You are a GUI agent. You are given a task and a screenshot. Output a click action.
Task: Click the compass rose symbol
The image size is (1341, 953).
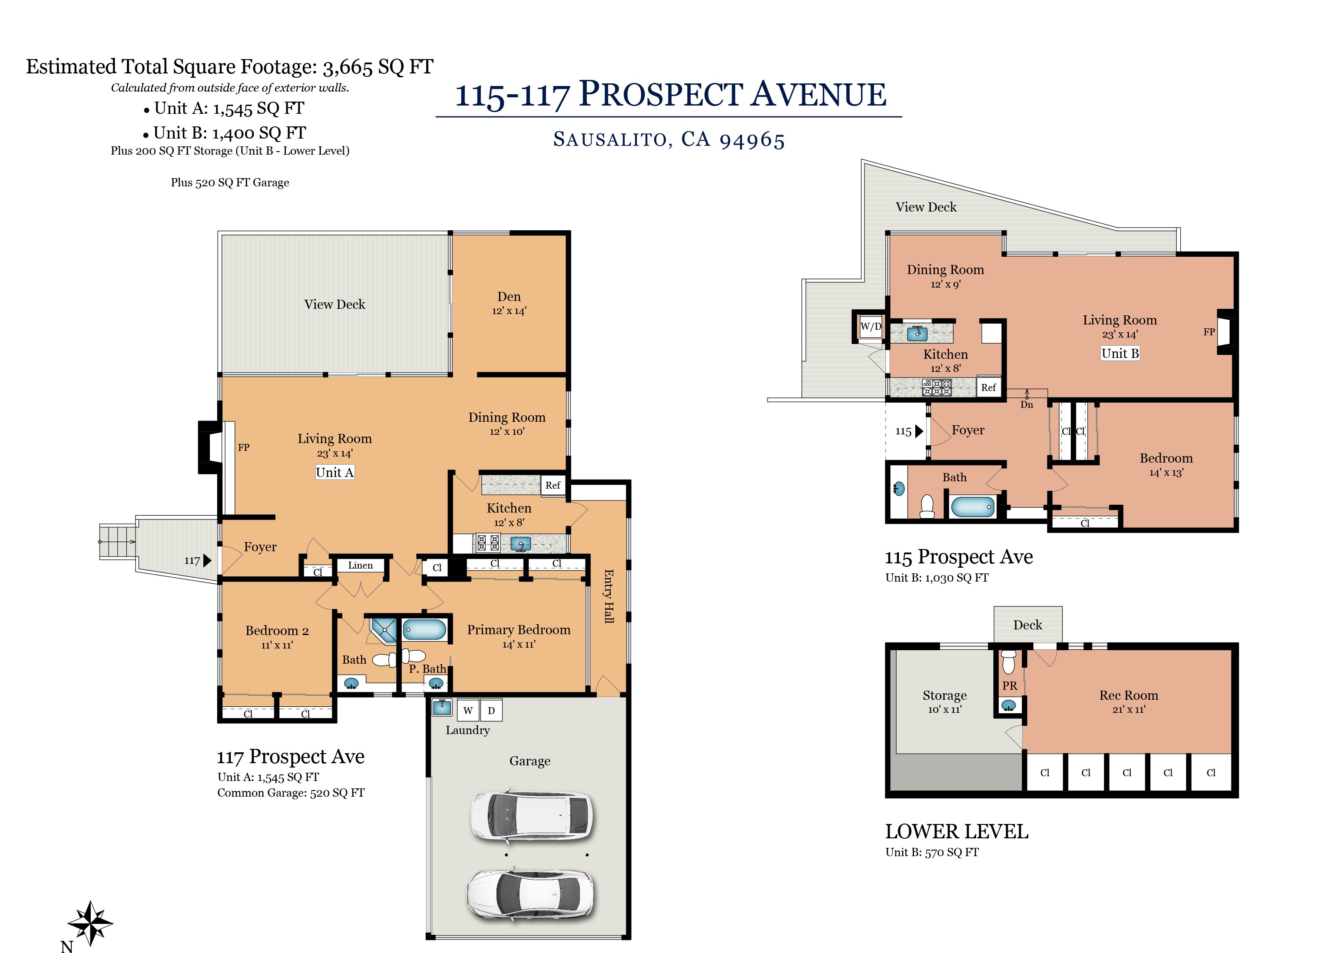pos(90,923)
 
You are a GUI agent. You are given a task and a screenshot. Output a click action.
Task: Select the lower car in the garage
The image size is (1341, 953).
pos(530,894)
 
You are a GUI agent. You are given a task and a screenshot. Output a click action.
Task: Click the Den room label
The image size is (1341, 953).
pos(509,297)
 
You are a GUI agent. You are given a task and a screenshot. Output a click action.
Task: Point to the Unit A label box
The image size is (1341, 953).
pos(334,473)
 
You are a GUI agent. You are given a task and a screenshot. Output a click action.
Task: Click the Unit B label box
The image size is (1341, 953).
pos(1120,353)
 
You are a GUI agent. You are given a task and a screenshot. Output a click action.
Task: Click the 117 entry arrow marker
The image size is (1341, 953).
pos(207,560)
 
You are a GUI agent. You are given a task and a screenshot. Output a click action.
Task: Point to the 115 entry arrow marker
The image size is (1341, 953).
pos(919,431)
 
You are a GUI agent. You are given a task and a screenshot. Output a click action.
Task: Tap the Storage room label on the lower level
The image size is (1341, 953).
pos(944,695)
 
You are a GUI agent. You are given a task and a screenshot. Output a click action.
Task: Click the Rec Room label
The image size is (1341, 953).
pos(1129,695)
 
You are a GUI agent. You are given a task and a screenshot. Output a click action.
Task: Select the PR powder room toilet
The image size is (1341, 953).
pos(1009,662)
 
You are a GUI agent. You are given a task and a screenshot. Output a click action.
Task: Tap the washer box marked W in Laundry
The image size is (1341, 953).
pos(468,710)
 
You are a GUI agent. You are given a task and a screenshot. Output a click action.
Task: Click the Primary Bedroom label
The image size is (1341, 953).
pos(518,630)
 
